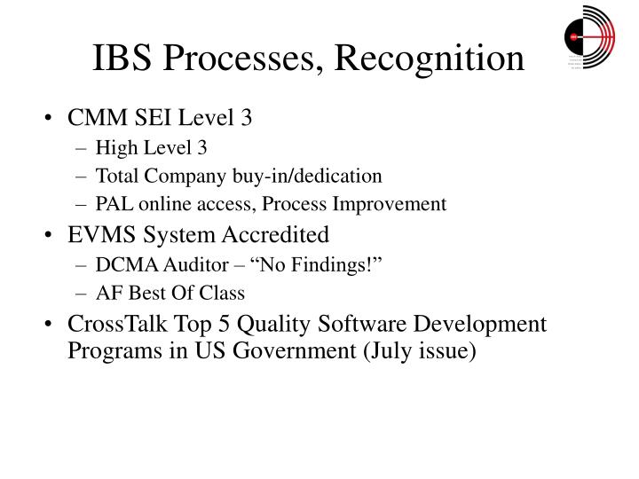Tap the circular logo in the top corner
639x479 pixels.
[x=588, y=35]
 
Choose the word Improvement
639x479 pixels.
[x=393, y=204]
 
